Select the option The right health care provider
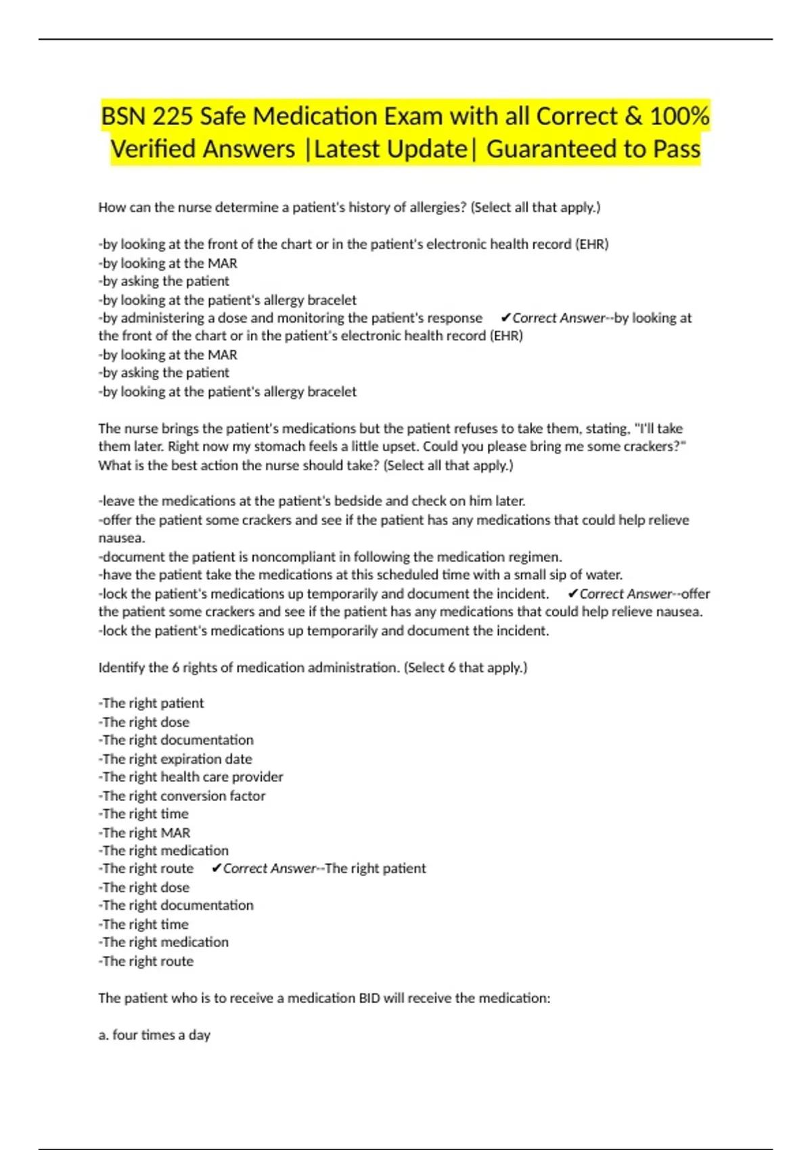pos(191,777)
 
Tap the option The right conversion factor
pos(183,796)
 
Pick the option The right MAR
pos(145,833)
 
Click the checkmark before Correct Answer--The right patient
pos(217,869)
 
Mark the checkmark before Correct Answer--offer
pos(573,594)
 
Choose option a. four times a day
pos(154,1035)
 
